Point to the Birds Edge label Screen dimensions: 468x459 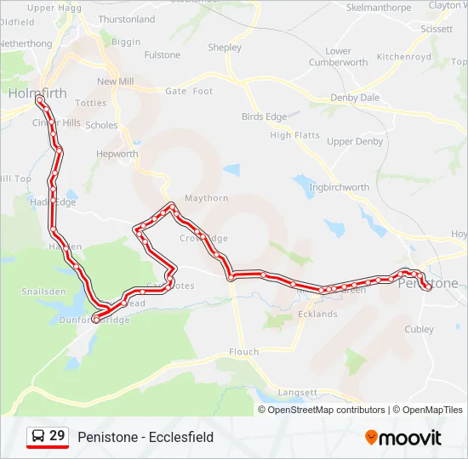[x=264, y=116]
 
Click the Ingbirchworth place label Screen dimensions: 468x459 [x=340, y=187]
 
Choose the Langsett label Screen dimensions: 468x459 [x=298, y=393]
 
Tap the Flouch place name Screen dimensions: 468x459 [x=243, y=352]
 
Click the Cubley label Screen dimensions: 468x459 [x=419, y=329]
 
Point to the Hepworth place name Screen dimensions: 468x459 [x=117, y=155]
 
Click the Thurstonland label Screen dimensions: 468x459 [x=127, y=19]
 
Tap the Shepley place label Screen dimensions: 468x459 [x=225, y=48]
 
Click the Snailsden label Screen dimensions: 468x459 [x=43, y=292]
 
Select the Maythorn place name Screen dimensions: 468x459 [x=207, y=198]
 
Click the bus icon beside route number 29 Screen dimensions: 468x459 [x=37, y=437]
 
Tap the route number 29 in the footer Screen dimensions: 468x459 [x=57, y=437]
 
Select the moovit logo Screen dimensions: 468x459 [x=403, y=438]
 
